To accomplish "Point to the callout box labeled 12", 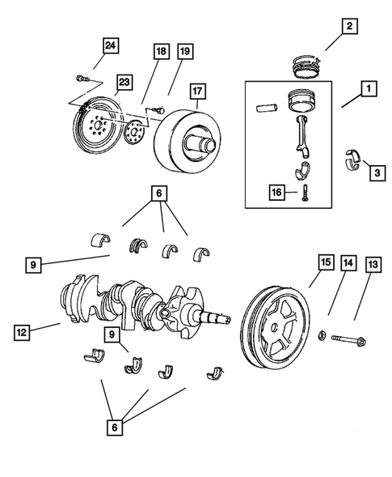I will coord(23,330).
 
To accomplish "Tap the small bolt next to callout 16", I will coord(306,193).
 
